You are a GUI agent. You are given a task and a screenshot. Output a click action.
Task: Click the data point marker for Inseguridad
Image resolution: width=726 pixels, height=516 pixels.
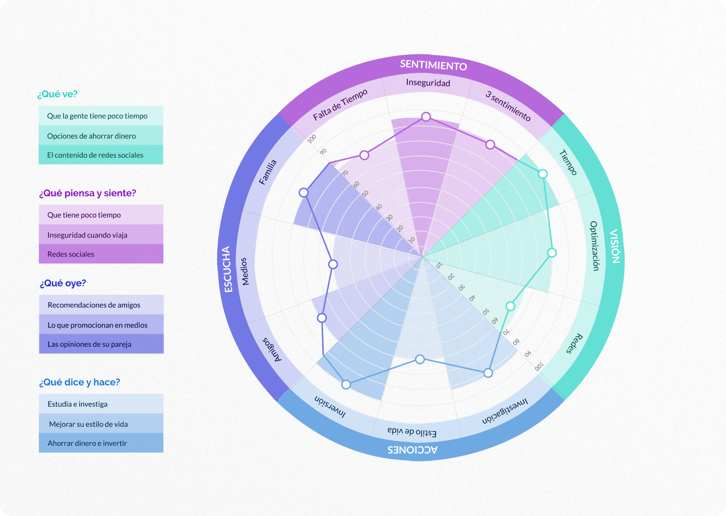tap(426, 116)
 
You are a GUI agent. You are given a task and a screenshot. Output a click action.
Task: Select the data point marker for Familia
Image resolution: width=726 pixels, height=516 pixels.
tap(304, 192)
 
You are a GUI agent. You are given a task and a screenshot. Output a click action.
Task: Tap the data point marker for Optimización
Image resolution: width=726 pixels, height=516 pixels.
tap(552, 252)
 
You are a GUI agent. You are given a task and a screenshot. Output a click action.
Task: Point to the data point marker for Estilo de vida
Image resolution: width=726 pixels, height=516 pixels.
tap(419, 359)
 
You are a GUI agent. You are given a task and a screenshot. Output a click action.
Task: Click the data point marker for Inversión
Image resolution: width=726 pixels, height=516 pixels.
tap(346, 385)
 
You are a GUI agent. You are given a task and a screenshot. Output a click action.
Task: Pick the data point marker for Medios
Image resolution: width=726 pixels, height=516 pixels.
tap(333, 265)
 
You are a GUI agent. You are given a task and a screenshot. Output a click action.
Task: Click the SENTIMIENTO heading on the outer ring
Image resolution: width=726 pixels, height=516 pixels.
tap(434, 65)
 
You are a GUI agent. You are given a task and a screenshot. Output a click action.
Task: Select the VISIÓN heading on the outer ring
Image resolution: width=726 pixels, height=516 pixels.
tap(615, 246)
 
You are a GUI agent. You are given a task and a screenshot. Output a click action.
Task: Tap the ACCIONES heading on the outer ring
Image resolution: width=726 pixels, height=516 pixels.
tap(412, 449)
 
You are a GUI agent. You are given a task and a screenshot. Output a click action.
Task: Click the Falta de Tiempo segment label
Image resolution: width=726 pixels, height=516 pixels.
tap(340, 104)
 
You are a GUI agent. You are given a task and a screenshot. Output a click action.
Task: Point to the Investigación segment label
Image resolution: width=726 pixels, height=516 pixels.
tap(505, 411)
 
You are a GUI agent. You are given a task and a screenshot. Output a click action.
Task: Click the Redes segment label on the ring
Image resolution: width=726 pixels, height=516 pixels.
tap(575, 344)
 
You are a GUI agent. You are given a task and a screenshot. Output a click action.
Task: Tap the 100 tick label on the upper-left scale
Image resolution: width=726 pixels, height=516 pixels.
tap(312, 139)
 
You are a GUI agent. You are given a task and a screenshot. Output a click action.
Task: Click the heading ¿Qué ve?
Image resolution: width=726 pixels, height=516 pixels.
tap(57, 94)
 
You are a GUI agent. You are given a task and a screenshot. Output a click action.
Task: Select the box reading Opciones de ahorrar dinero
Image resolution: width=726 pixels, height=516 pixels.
tap(101, 136)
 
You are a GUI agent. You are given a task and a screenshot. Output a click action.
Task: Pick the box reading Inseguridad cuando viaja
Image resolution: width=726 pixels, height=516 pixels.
tap(101, 234)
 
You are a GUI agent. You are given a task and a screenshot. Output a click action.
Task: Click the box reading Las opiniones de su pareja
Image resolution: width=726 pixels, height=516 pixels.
tap(101, 344)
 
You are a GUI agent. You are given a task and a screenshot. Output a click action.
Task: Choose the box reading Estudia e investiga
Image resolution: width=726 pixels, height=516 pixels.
tap(101, 404)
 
